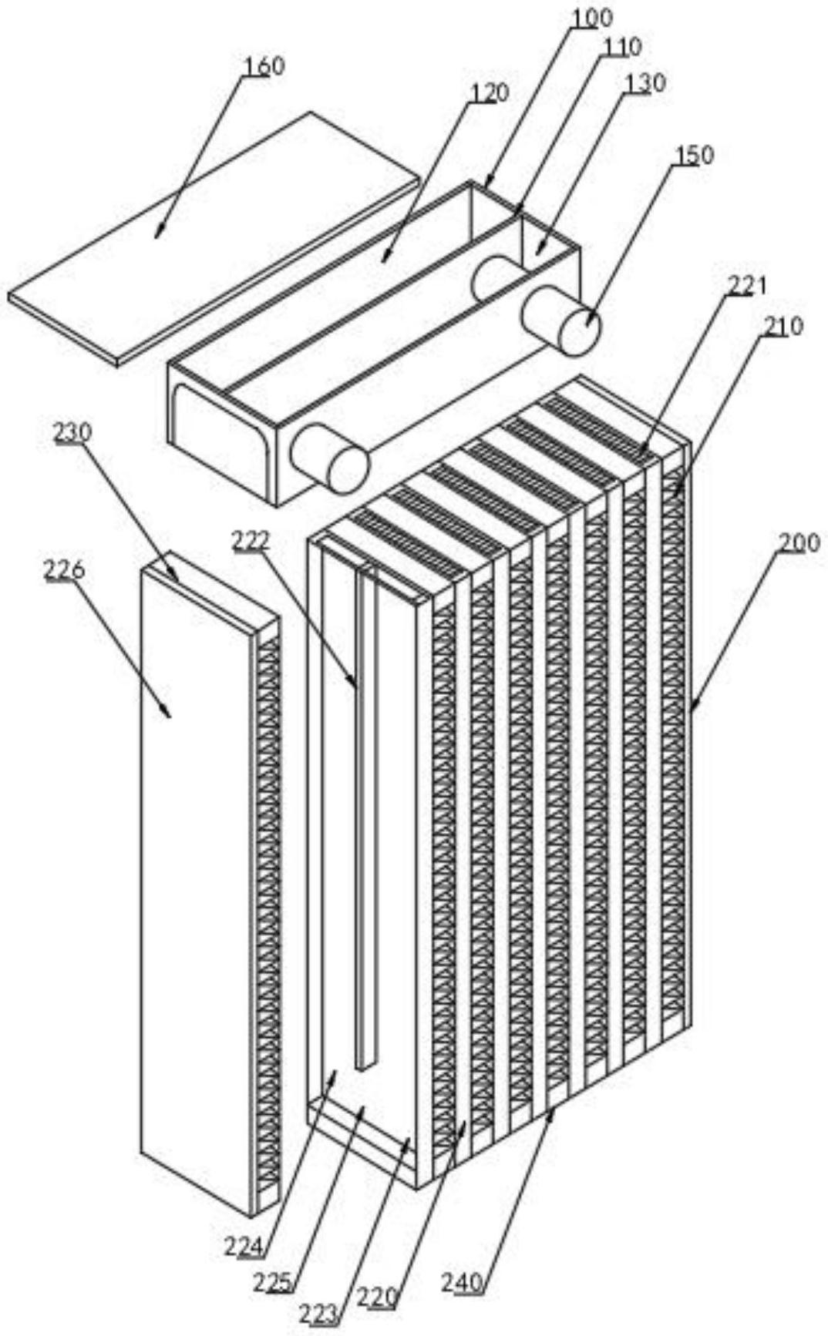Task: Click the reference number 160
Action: point(264,67)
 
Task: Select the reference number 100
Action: point(592,18)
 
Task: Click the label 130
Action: point(645,83)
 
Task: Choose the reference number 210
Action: point(783,326)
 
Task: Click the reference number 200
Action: point(799,543)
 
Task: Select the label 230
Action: point(72,432)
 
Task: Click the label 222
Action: point(252,541)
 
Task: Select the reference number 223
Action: point(319,1313)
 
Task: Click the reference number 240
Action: point(463,1283)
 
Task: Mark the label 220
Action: point(378,1298)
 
